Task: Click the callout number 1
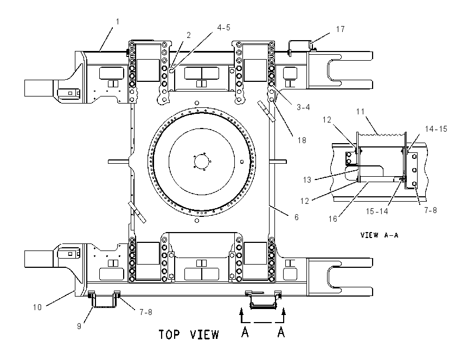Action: coord(118,22)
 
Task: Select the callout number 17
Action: coord(340,29)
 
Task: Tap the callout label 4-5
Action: coord(223,28)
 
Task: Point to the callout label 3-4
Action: coord(303,107)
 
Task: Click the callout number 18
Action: coord(302,140)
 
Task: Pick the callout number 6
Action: coord(296,217)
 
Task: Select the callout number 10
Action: coord(37,307)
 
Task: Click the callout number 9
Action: coord(79,326)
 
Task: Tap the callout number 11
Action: coord(360,112)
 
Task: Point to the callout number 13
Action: coord(307,180)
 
